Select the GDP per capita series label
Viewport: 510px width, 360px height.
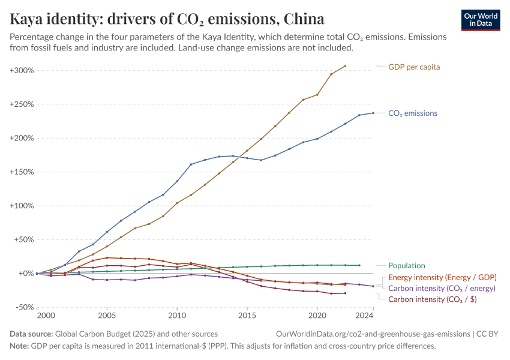414,67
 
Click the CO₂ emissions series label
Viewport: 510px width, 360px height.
413,113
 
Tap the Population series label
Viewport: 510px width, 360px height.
407,265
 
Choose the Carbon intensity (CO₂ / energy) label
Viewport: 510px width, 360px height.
442,288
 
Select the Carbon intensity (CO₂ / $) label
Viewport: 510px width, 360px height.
433,299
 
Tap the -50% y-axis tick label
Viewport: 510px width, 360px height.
23,307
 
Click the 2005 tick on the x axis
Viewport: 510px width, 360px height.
107,315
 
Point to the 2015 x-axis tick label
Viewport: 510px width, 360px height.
247,315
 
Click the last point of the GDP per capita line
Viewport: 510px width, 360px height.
345,66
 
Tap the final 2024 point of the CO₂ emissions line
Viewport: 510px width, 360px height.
373,113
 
